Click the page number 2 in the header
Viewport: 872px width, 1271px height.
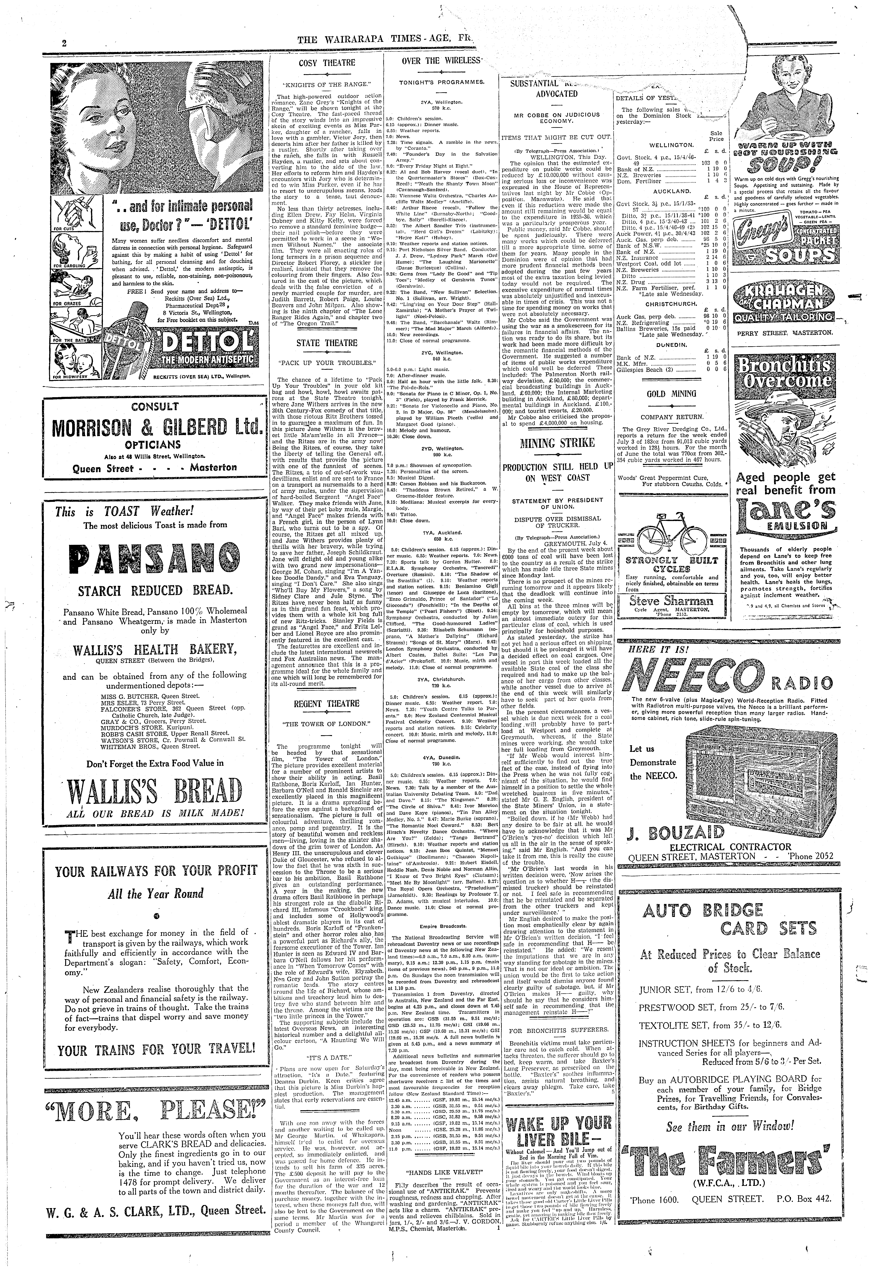click(64, 44)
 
